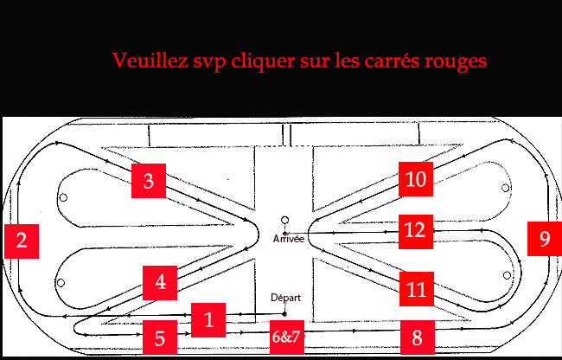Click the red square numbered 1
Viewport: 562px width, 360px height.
pyautogui.click(x=208, y=319)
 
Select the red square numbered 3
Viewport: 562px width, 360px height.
pyautogui.click(x=149, y=181)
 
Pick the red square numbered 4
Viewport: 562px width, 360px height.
pyautogui.click(x=160, y=282)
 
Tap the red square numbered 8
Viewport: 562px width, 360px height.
pyautogui.click(x=417, y=336)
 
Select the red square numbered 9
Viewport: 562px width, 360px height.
pyautogui.click(x=544, y=238)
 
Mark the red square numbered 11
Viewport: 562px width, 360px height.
pyautogui.click(x=414, y=286)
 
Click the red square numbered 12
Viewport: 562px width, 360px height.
pyautogui.click(x=416, y=230)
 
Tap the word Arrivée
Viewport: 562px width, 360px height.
pyautogui.click(x=288, y=238)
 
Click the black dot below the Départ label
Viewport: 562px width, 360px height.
pyautogui.click(x=284, y=312)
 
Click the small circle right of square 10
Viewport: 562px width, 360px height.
pyautogui.click(x=506, y=187)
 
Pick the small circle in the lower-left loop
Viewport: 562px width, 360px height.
pyautogui.click(x=61, y=283)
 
